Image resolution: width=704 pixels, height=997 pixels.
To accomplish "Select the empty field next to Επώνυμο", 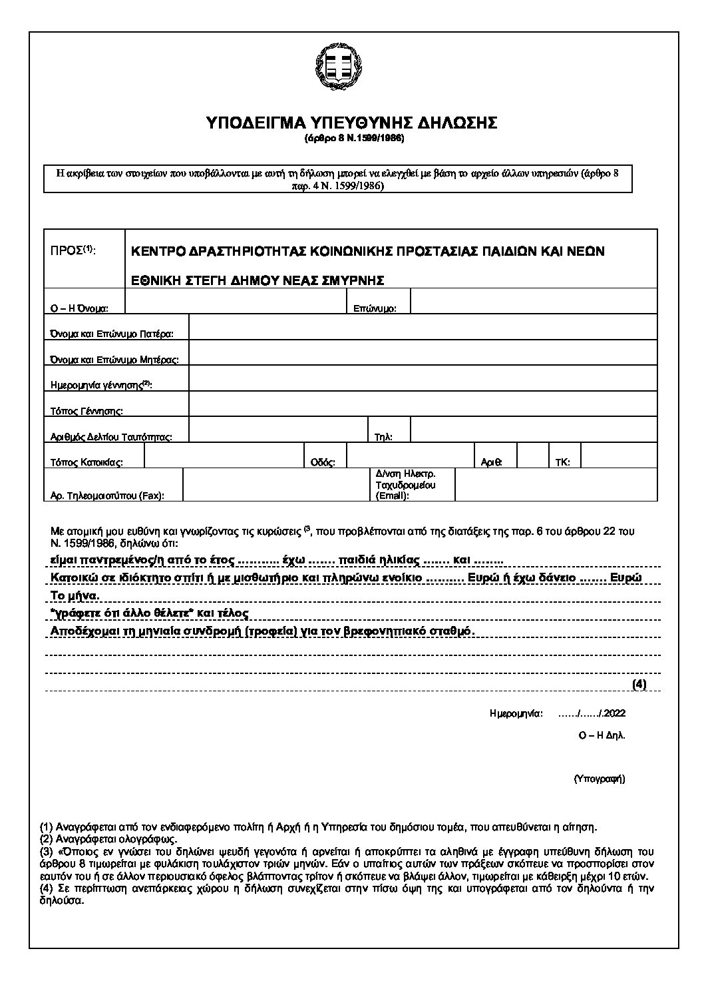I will point(534,301).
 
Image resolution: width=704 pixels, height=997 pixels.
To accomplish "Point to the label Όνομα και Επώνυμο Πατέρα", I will point(112,334).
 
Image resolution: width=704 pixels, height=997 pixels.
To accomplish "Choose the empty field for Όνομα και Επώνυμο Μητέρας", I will point(423,352).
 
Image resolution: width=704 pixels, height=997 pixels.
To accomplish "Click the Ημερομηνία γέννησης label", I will point(101,385).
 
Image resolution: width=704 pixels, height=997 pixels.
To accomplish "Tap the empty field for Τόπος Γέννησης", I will point(423,404).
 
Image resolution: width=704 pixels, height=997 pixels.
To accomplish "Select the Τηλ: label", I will point(384,437).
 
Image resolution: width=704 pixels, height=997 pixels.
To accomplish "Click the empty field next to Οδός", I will point(409,456).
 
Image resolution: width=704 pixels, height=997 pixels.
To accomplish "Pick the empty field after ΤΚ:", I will point(619,456).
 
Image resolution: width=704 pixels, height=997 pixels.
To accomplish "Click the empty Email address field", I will point(556,484).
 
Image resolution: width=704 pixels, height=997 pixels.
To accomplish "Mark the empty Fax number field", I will point(275,484).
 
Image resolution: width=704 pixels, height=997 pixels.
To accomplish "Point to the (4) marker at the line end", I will point(639,684).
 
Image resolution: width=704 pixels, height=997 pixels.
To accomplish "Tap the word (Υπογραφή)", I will point(599,778).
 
